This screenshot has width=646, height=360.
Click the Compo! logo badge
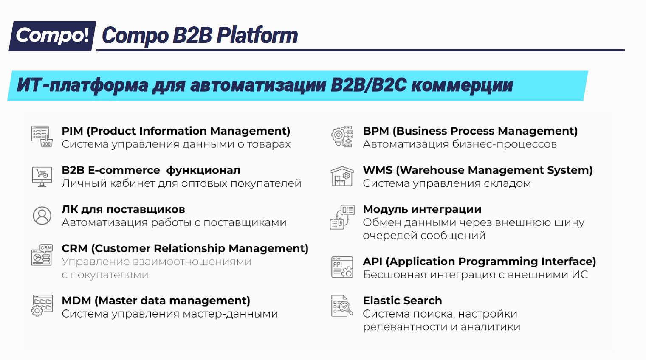click(53, 36)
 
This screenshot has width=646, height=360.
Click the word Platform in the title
click(257, 36)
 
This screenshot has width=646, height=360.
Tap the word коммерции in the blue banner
click(462, 85)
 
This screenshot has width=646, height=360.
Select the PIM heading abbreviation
click(72, 131)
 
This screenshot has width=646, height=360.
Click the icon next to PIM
click(42, 136)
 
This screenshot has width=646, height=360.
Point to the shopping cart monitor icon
click(42, 177)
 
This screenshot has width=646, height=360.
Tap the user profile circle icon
click(42, 216)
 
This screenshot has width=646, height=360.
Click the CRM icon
click(42, 255)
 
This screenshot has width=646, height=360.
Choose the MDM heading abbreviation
click(76, 301)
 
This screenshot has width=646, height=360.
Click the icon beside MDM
click(42, 306)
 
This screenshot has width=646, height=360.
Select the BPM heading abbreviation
click(376, 131)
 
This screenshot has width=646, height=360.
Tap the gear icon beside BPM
click(342, 136)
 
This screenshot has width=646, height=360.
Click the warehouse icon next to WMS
click(342, 176)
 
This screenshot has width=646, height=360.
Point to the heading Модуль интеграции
click(422, 210)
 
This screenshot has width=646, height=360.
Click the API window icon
click(342, 267)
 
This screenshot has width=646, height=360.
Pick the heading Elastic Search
click(402, 301)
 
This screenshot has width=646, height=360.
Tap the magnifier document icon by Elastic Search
click(342, 306)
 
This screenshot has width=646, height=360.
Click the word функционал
click(203, 171)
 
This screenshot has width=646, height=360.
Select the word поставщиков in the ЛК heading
click(146, 210)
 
